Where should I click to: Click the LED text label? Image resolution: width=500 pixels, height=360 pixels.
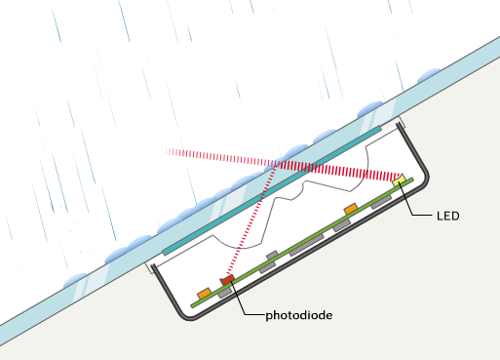pyautogui.click(x=447, y=215)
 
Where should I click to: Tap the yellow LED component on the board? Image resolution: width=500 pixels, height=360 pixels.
pyautogui.click(x=399, y=181)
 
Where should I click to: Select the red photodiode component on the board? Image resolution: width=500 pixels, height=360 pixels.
pyautogui.click(x=227, y=281)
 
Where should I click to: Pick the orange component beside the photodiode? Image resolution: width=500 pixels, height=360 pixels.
pyautogui.click(x=204, y=292)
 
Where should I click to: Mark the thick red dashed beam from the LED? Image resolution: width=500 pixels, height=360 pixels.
pyautogui.click(x=341, y=172)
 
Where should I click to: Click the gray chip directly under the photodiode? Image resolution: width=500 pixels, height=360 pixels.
pyautogui.click(x=225, y=291)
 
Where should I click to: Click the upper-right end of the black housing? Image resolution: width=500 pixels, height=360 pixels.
pyautogui.click(x=403, y=126)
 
